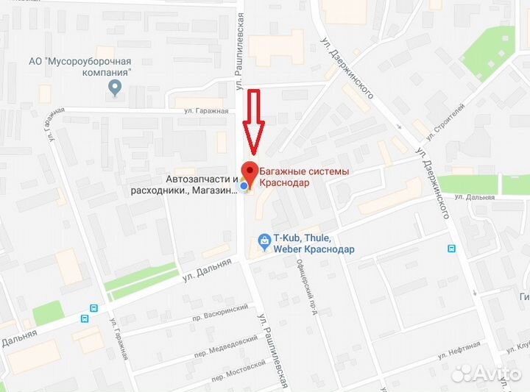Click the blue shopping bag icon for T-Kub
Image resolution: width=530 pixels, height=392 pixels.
tap(264, 239)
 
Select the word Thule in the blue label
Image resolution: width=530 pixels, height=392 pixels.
tap(319, 238)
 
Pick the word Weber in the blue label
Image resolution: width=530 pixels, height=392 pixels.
tap(288, 249)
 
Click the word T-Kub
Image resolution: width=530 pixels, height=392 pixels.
tap(288, 238)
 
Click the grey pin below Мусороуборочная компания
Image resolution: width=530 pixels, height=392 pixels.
tap(114, 89)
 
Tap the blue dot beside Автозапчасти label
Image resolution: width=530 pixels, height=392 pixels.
tap(244, 188)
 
